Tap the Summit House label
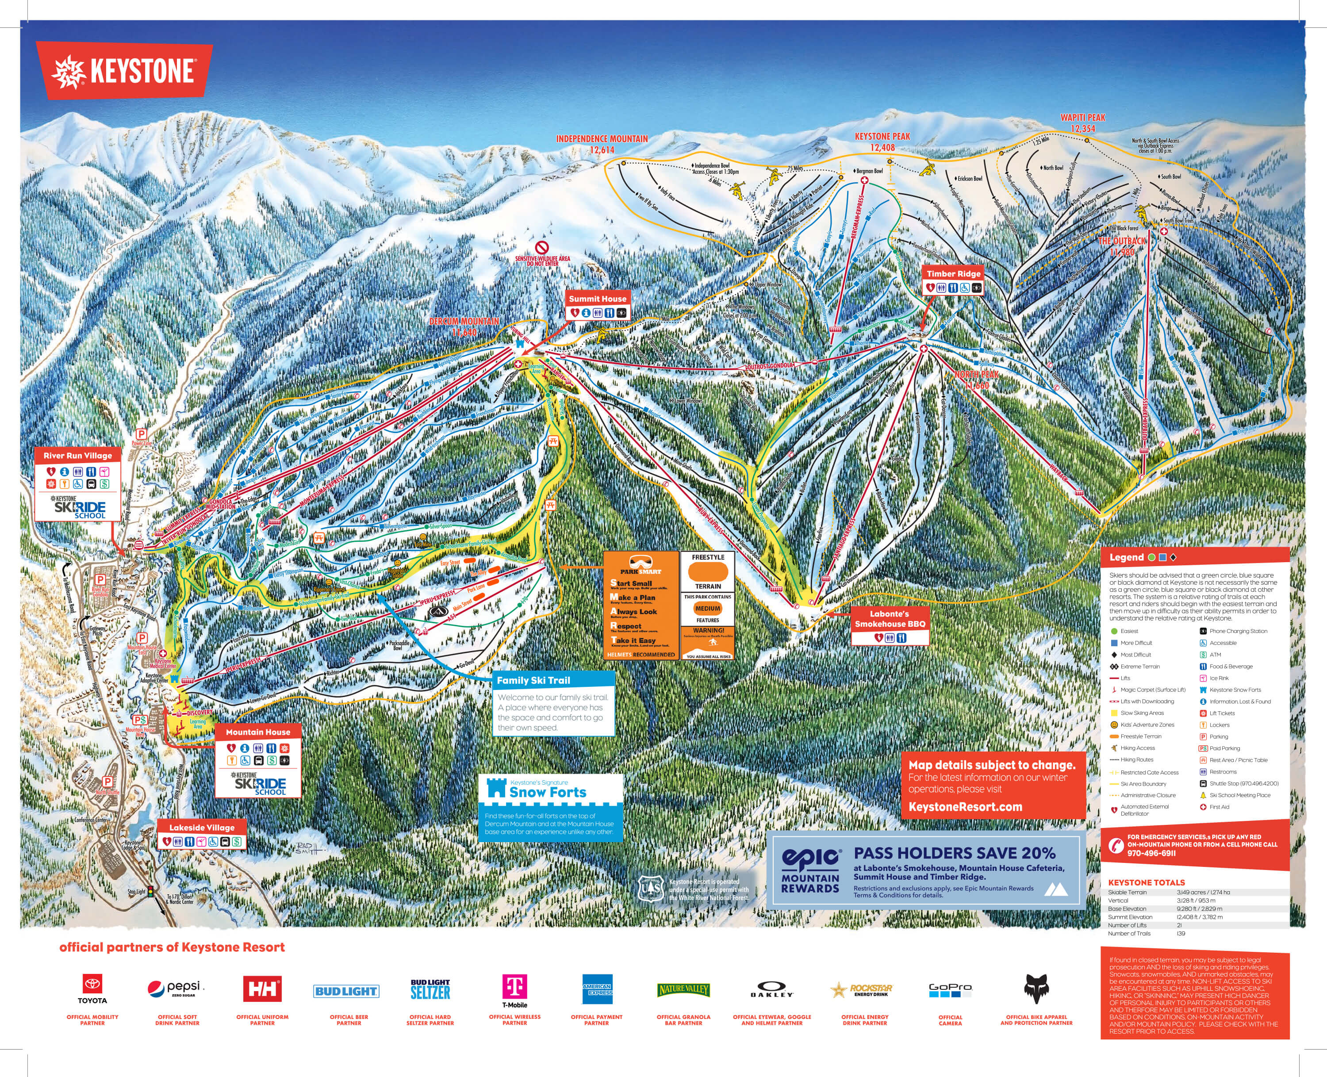[x=598, y=299]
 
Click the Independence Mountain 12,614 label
[x=602, y=144]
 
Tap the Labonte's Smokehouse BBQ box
[x=889, y=618]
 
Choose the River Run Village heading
[x=77, y=456]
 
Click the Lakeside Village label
[x=202, y=828]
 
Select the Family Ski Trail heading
[x=533, y=680]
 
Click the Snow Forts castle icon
[x=496, y=788]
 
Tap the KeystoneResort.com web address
[x=965, y=806]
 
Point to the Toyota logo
[x=92, y=985]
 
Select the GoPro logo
[x=950, y=989]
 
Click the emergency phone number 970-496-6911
[x=1151, y=853]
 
